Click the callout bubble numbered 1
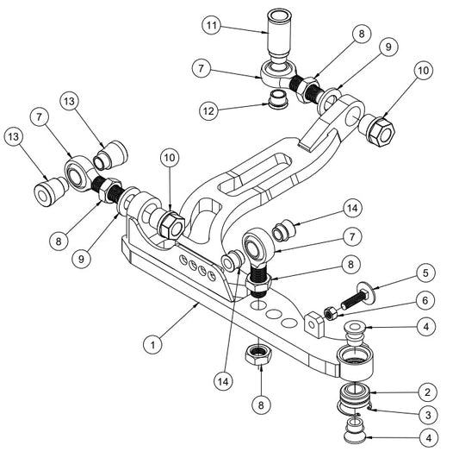[152, 344]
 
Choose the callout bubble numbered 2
[424, 391]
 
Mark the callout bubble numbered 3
[424, 414]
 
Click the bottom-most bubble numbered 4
[424, 438]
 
